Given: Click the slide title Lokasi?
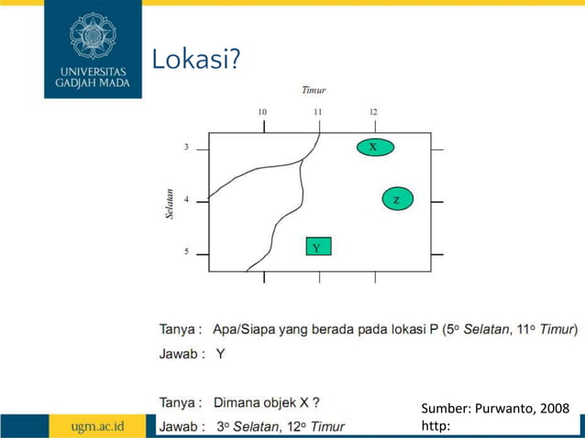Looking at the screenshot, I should [x=195, y=60].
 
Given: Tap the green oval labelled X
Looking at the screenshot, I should [x=373, y=147].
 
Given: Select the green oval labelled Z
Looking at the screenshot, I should [x=397, y=199].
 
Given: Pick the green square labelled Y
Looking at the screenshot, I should [x=317, y=246].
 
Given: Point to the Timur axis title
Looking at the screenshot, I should [x=315, y=90].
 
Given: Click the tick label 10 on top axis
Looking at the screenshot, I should [x=262, y=112].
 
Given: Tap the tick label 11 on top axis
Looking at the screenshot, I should [x=318, y=112].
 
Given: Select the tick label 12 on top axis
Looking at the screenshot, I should [x=373, y=112].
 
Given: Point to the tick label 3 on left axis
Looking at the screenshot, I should [x=186, y=147].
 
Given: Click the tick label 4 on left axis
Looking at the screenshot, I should [x=186, y=200].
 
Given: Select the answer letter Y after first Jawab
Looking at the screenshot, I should [x=220, y=354].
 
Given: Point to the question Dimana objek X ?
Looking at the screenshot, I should [x=266, y=401].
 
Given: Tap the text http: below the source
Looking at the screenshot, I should [x=436, y=426].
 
